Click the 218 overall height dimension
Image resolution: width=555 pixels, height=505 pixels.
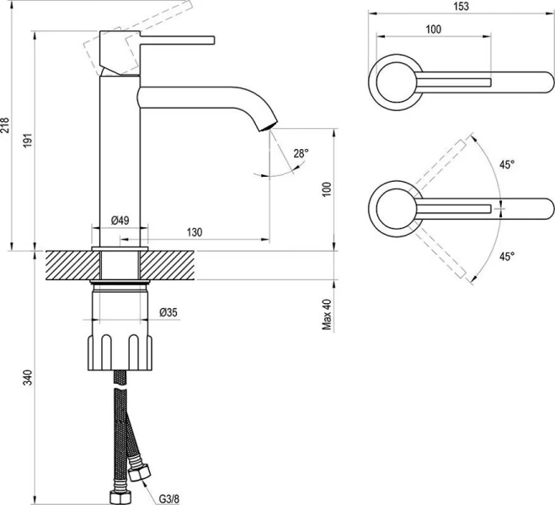[x=7, y=125]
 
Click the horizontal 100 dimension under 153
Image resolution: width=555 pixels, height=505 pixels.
[x=432, y=29]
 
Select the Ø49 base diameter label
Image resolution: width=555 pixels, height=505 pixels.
[x=120, y=221]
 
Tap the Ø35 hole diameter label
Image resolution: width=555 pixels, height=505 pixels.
[x=168, y=313]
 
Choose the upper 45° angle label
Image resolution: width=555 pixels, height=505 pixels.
[x=506, y=166]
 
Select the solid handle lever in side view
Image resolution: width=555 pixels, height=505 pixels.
[x=177, y=39]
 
